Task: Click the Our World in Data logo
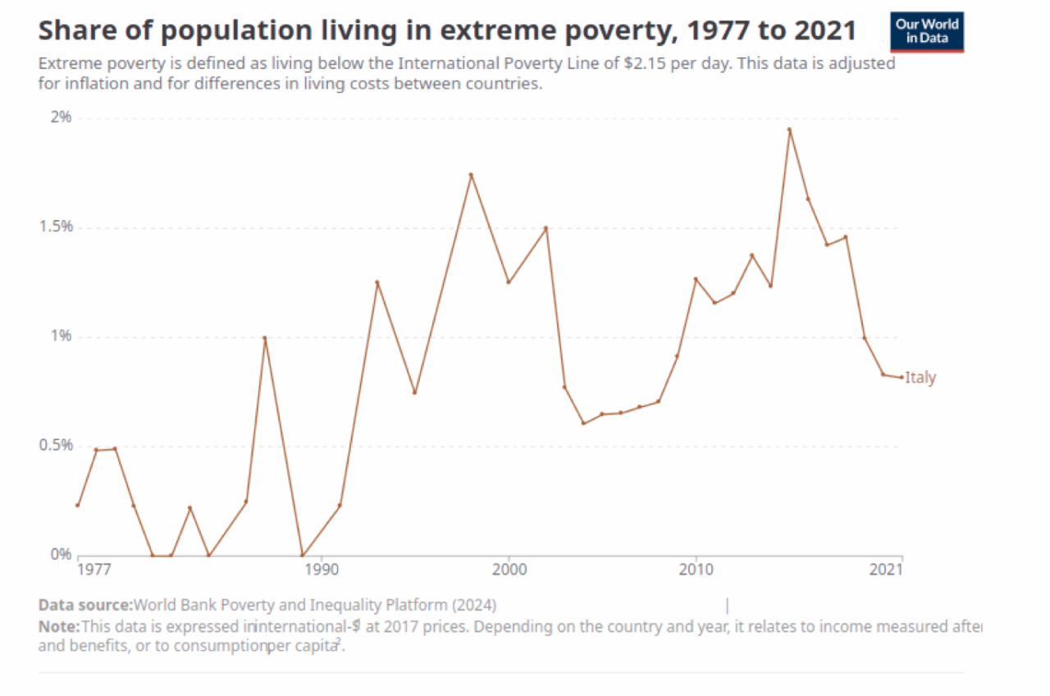(927, 31)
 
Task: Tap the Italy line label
(920, 378)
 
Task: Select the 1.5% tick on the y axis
(56, 227)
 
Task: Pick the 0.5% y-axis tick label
(56, 446)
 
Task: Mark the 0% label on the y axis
(62, 554)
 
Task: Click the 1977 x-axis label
(94, 569)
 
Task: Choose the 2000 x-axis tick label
(509, 569)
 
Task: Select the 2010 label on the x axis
(696, 569)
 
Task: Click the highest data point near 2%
(789, 130)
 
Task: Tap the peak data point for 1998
(471, 175)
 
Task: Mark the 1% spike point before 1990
(265, 338)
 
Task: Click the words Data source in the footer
(85, 606)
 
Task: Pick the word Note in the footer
(57, 627)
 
